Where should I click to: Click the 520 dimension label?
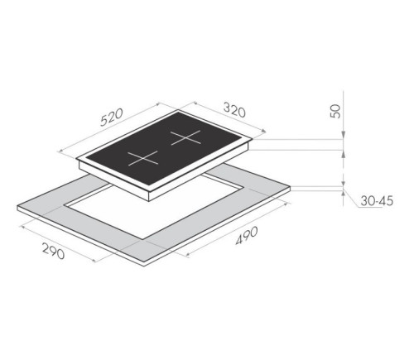(x=111, y=118)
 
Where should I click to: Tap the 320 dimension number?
(x=234, y=110)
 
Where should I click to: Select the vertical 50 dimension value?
(x=336, y=112)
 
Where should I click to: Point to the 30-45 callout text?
(x=377, y=201)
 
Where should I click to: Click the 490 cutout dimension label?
(x=247, y=235)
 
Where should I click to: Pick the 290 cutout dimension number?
(x=54, y=252)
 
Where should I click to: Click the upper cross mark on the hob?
(x=185, y=137)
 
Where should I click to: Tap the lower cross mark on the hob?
(x=143, y=158)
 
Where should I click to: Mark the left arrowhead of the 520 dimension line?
(x=60, y=151)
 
